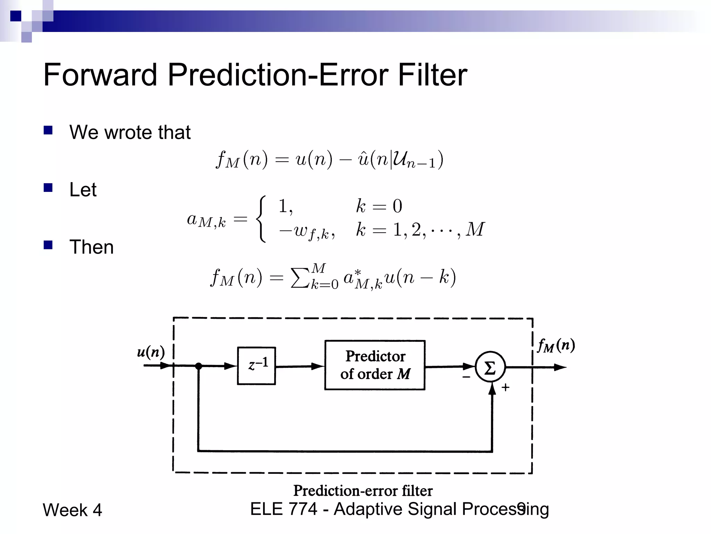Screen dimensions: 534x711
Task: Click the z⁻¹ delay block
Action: pos(256,366)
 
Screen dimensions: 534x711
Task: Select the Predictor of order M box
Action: pos(375,365)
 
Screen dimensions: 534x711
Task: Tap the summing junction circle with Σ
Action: pos(490,367)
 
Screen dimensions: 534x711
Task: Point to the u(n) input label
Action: pos(151,352)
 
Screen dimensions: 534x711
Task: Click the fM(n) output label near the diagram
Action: pos(556,346)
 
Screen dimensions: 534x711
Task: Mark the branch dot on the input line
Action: pos(199,366)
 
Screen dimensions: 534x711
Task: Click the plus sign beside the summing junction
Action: pos(505,387)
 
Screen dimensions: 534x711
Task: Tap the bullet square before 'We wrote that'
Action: pos(48,130)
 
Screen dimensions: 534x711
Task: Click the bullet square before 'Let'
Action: pos(48,188)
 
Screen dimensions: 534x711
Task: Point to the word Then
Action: pos(92,247)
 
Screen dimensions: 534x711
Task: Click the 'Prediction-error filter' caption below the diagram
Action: pos(363,491)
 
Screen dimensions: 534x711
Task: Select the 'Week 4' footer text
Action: pos(72,510)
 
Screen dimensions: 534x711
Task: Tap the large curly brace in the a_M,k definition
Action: pos(261,219)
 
